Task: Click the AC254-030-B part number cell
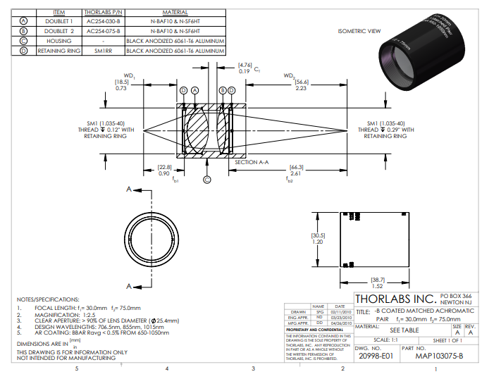pos(103,22)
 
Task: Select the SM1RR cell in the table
pos(103,51)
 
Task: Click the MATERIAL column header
pos(175,13)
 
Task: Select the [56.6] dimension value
pos(301,82)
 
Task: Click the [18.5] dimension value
pos(120,82)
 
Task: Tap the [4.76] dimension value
pos(245,65)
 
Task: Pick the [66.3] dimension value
pos(296,167)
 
